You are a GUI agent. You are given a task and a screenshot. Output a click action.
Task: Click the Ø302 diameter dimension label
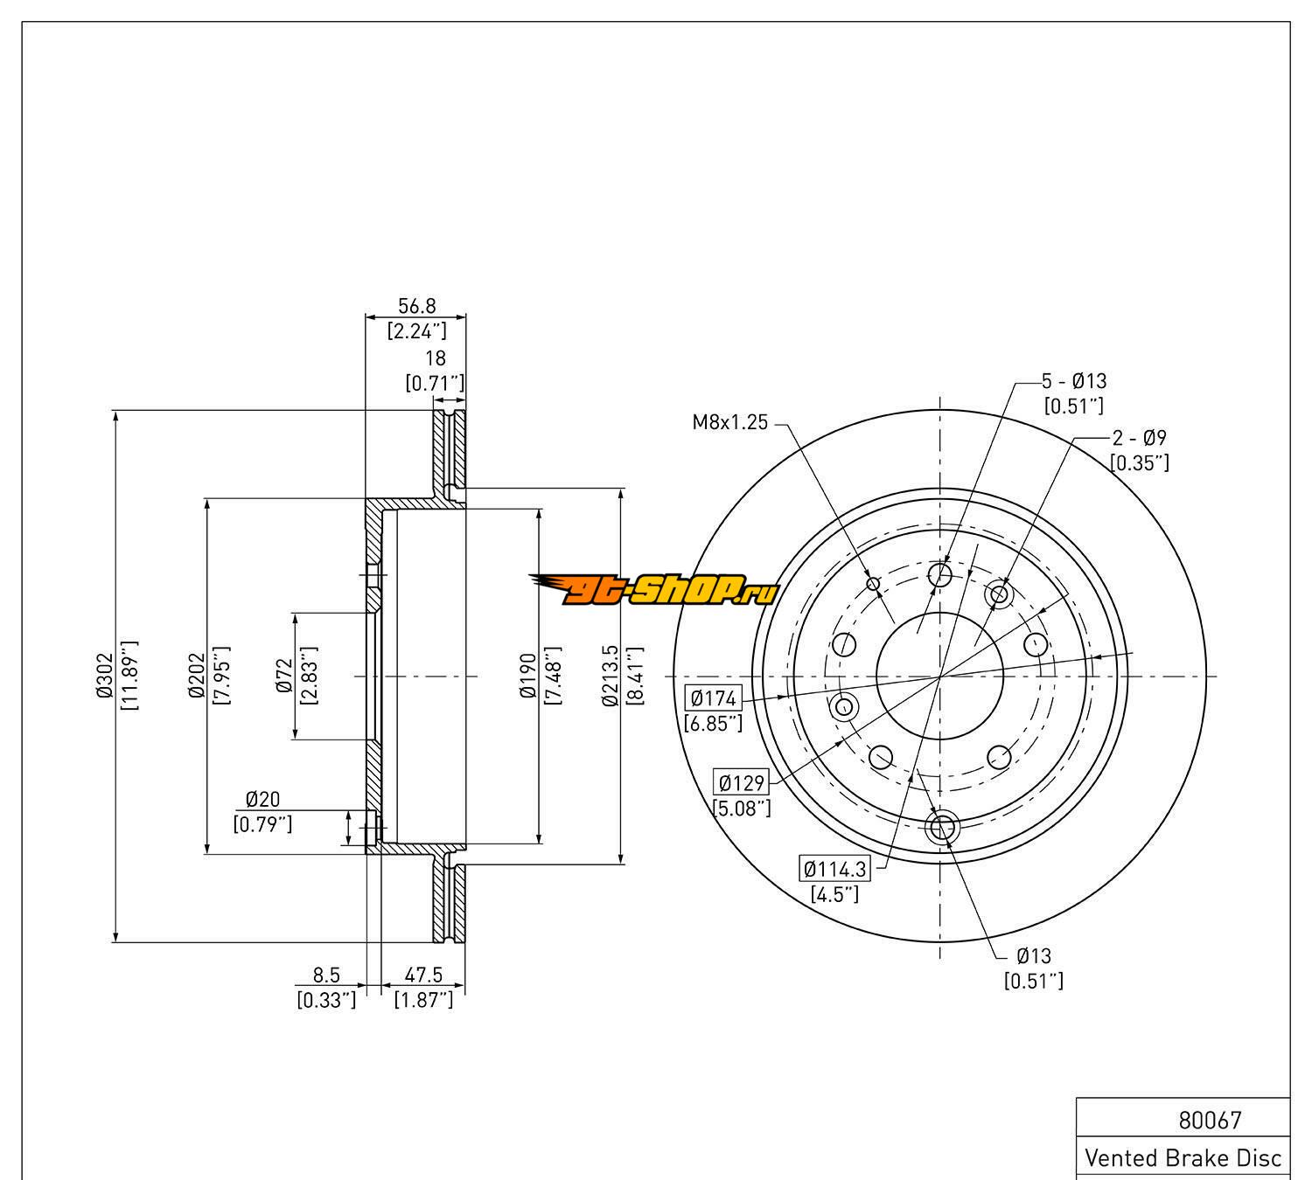pos(105,676)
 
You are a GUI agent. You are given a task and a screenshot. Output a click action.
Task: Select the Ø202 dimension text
pos(195,676)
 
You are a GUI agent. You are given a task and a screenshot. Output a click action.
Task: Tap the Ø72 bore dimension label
pos(283,676)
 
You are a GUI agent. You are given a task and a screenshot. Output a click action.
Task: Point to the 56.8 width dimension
pos(416,306)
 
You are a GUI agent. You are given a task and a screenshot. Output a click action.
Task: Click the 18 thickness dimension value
pos(435,357)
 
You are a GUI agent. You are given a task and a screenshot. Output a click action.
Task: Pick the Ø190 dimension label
pos(527,676)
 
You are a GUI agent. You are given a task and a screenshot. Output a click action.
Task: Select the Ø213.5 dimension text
pos(610,676)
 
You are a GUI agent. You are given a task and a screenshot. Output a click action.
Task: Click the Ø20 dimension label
pos(262,799)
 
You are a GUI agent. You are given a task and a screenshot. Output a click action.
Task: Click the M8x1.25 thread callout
pos(729,423)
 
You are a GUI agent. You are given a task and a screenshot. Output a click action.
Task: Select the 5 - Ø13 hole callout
pos(1073,381)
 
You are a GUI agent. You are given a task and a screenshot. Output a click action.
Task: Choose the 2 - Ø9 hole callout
pos(1139,438)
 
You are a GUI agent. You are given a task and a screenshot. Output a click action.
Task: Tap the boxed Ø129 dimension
pos(742,783)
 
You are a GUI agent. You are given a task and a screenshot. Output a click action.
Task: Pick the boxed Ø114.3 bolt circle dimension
pos(835,869)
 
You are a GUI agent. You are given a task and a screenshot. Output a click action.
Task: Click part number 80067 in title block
pos(1210,1120)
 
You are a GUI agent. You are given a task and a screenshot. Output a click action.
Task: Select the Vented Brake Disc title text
pos(1183,1158)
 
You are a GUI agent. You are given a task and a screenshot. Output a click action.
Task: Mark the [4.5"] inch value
pos(834,894)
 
